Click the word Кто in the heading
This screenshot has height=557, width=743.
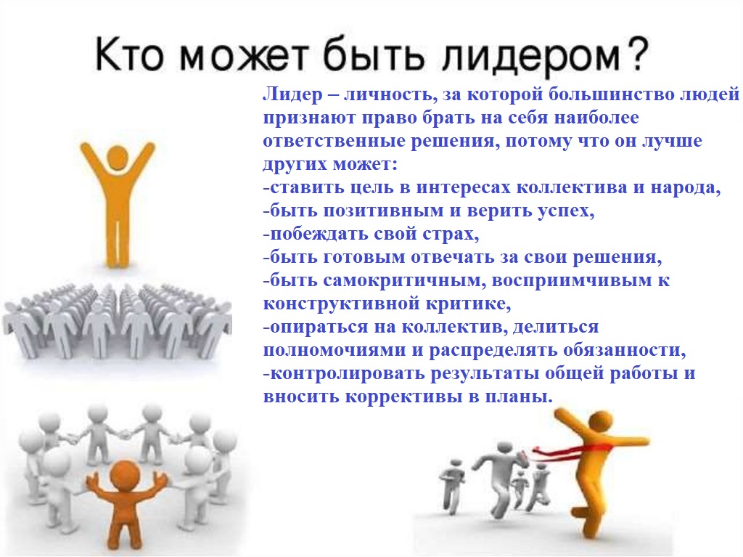[x=129, y=54]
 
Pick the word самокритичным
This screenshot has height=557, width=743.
[x=405, y=281]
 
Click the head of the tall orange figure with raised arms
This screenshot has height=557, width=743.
[x=118, y=157]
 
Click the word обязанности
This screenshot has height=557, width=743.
[x=625, y=350]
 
